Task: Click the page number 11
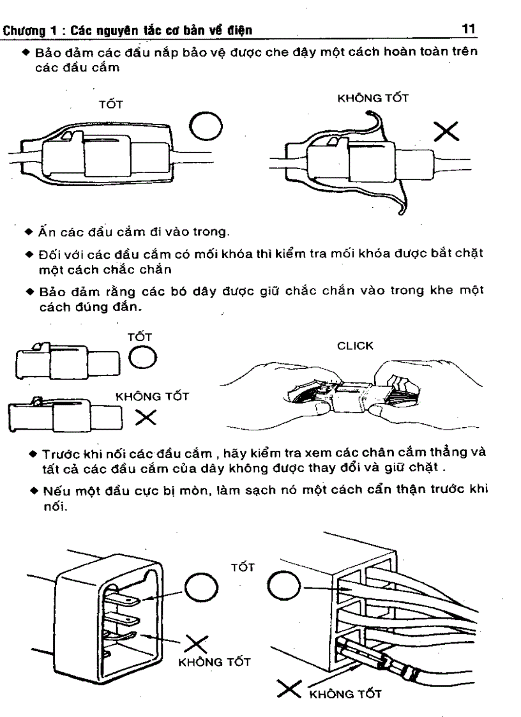pyautogui.click(x=472, y=29)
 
